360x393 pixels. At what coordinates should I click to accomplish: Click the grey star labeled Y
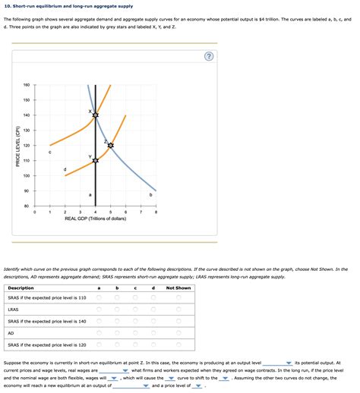pyautogui.click(x=95, y=160)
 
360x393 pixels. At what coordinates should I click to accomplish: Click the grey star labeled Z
pyautogui.click(x=111, y=145)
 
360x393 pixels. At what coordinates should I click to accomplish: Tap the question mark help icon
pyautogui.click(x=208, y=57)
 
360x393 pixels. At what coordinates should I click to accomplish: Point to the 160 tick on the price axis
pyautogui.click(x=27, y=85)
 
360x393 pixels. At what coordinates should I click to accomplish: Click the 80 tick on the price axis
pyautogui.click(x=27, y=206)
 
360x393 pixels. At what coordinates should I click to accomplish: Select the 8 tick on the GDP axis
pyautogui.click(x=156, y=212)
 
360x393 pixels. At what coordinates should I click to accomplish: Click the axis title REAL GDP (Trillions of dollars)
pyautogui.click(x=95, y=219)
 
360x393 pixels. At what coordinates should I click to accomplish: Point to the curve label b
pyautogui.click(x=151, y=196)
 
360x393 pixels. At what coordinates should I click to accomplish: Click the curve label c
pyautogui.click(x=49, y=152)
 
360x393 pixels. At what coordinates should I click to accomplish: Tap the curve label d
pyautogui.click(x=65, y=168)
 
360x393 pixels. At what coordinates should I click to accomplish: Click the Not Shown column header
pyautogui.click(x=178, y=288)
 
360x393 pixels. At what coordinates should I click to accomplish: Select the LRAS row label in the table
pyautogui.click(x=13, y=310)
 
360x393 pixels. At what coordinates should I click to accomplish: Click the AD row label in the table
pyautogui.click(x=11, y=332)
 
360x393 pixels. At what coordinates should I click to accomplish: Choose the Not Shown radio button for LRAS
pyautogui.click(x=178, y=310)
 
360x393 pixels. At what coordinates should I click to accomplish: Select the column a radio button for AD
pyautogui.click(x=99, y=332)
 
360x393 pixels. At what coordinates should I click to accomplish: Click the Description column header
pyautogui.click(x=21, y=288)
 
